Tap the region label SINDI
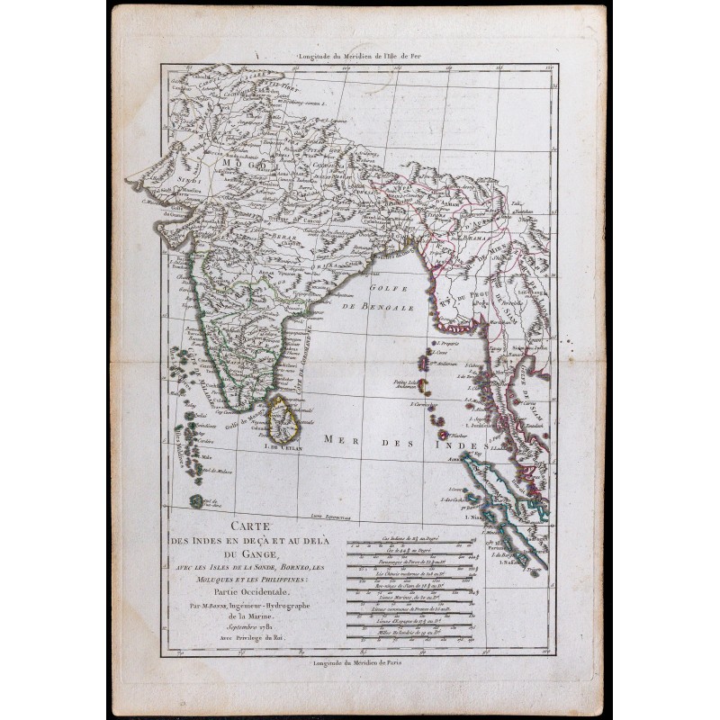(187, 180)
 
